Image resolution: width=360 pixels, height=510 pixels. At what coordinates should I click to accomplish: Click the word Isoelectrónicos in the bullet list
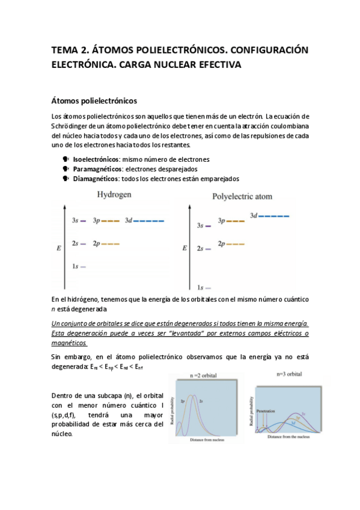[x=96, y=159]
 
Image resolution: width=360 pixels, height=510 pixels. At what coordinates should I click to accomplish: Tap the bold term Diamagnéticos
[x=95, y=179]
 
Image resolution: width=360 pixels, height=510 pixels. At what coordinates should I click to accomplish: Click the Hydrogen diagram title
[x=114, y=195]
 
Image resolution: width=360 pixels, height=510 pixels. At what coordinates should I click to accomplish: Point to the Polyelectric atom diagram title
[x=243, y=197]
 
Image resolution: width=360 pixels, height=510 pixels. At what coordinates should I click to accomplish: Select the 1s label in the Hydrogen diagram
[x=75, y=266]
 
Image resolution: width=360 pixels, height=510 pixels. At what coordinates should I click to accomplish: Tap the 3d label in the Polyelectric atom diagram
[x=254, y=215]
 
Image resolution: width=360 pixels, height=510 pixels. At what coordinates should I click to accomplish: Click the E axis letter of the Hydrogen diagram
[x=58, y=247]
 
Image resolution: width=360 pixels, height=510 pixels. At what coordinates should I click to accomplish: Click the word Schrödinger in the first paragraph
[x=70, y=126]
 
